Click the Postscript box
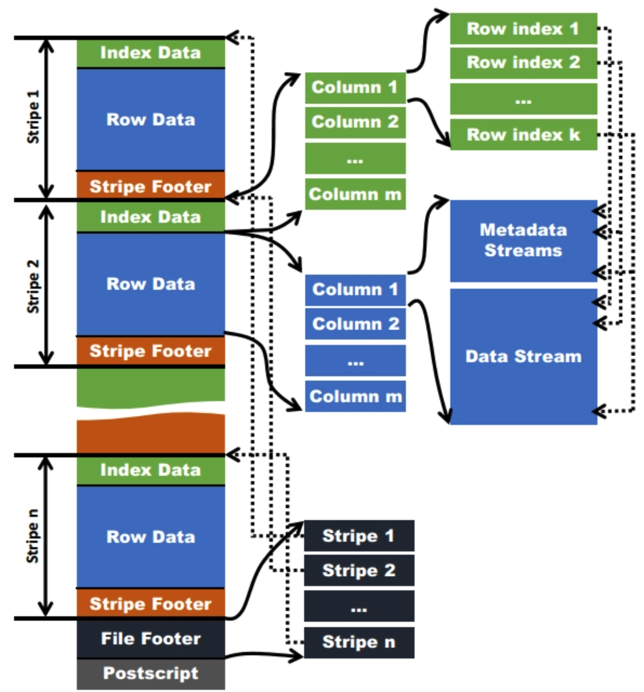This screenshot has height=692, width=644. tap(150, 674)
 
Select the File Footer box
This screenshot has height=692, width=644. tap(150, 638)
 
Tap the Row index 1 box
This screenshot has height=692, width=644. tap(524, 29)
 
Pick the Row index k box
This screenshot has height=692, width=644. tap(524, 135)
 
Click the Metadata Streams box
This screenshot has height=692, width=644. tap(524, 241)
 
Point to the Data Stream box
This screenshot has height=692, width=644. tap(524, 356)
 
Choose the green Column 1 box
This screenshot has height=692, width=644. tap(355, 88)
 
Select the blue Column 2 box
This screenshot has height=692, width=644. tap(355, 324)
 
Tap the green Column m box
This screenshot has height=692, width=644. tap(355, 194)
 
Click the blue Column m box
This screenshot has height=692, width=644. tap(355, 396)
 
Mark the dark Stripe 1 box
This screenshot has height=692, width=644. tap(359, 536)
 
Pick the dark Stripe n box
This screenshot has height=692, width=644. tap(359, 642)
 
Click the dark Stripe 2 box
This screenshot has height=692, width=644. tap(359, 570)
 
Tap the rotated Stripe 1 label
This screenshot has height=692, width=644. tap(33, 117)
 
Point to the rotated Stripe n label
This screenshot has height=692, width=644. tap(32, 536)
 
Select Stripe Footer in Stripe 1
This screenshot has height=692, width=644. tap(150, 186)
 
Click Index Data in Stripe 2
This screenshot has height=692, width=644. tap(150, 217)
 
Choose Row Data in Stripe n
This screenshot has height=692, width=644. tap(150, 537)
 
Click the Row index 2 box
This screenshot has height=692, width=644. tap(524, 63)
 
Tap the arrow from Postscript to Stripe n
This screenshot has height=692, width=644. tap(264, 654)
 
